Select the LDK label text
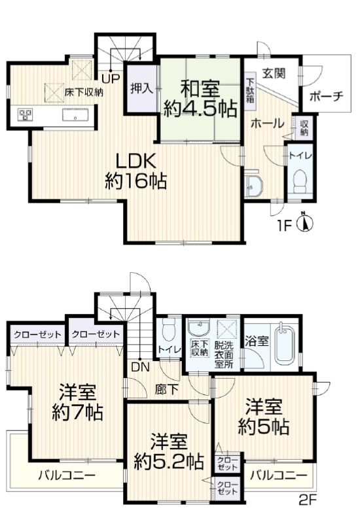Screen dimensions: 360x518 coord(135,162)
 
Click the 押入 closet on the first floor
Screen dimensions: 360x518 coord(141,89)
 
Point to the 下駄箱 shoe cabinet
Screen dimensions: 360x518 coord(250,90)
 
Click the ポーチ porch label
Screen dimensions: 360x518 coord(326,96)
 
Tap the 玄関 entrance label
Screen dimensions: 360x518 coord(274,73)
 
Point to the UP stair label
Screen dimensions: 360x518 coord(111,78)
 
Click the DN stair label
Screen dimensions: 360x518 coord(141,367)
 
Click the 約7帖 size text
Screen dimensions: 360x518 coord(77,412)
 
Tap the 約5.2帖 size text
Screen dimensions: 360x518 coord(168,462)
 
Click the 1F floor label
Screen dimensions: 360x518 coord(284,226)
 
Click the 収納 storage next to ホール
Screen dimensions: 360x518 coord(304,128)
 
